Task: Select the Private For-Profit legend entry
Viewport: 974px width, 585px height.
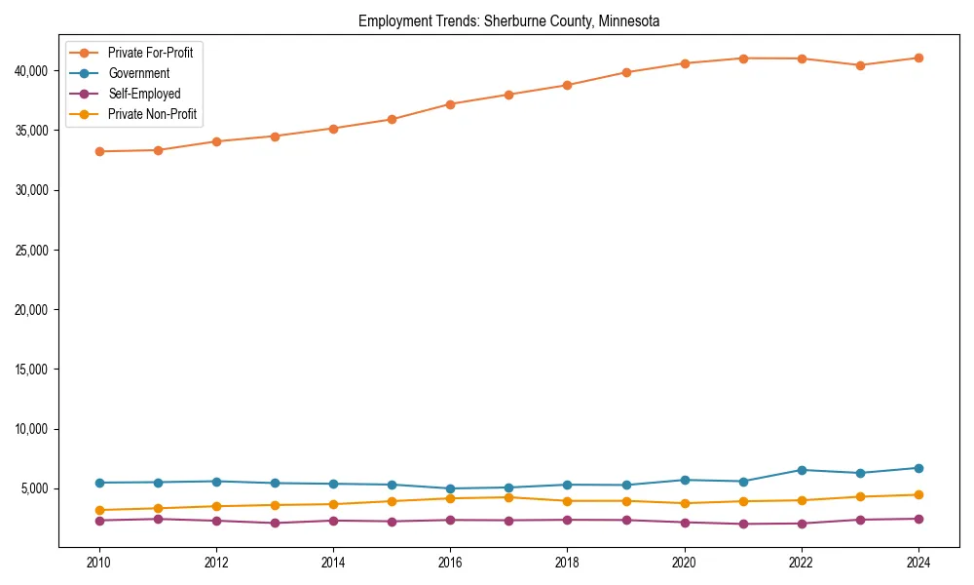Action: (x=150, y=53)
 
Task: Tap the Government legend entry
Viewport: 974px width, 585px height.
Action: (x=138, y=73)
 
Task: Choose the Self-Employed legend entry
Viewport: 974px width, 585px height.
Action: (x=144, y=94)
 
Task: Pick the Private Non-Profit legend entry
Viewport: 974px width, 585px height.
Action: (x=152, y=114)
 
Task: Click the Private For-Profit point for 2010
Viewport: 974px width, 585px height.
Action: (x=99, y=151)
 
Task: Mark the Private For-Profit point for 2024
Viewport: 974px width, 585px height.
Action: (x=918, y=58)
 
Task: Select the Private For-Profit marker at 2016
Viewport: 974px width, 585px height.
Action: (x=450, y=104)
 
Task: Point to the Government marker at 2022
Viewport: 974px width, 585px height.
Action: (x=802, y=470)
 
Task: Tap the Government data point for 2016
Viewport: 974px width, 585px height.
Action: (x=450, y=488)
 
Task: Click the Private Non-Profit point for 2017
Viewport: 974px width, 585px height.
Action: (x=508, y=497)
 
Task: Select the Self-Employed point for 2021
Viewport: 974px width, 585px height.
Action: (x=743, y=524)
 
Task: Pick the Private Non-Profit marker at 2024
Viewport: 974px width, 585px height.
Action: (x=918, y=494)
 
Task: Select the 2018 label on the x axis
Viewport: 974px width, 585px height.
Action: (x=567, y=563)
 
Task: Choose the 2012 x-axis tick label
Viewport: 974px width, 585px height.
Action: (x=216, y=563)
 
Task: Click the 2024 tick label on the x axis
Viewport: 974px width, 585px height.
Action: (x=918, y=563)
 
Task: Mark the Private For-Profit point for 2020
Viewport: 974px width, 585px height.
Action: (x=685, y=63)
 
